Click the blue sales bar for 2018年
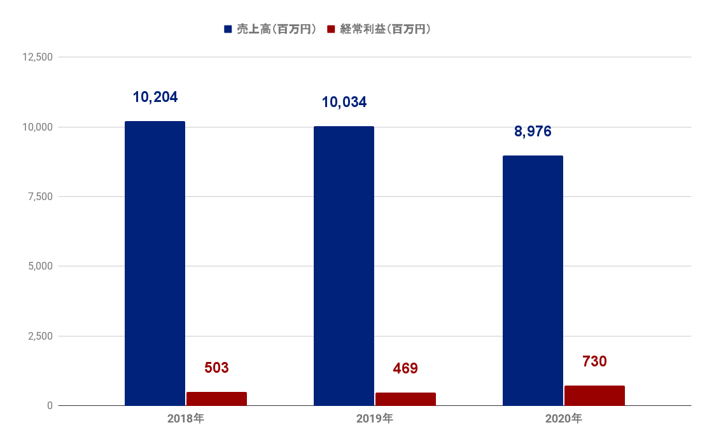155,263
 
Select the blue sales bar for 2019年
344,266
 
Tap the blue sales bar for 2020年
533,280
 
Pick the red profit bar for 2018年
217,399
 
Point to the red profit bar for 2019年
406,399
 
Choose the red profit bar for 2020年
595,396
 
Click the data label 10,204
155,97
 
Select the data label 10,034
344,102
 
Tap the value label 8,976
533,131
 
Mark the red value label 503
216,368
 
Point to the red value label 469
405,368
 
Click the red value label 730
594,361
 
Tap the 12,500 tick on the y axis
38,57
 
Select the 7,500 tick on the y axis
41,197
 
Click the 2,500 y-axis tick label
41,336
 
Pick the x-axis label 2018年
186,418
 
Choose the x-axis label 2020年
564,418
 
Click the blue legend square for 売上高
228,29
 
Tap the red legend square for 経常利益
331,29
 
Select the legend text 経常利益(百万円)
385,29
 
